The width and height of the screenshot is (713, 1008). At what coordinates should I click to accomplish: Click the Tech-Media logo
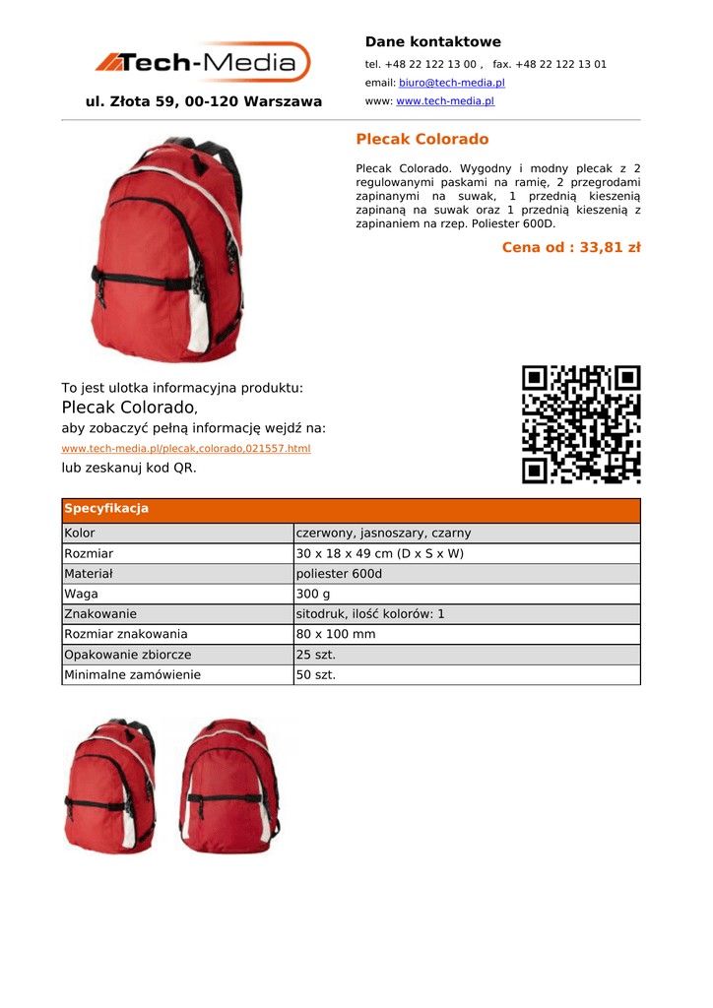(x=202, y=63)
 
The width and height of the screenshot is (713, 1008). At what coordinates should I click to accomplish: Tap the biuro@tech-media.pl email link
(x=451, y=83)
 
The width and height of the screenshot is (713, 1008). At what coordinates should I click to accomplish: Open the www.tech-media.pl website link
(x=444, y=101)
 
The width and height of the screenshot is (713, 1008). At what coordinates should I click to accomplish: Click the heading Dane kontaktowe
(x=432, y=41)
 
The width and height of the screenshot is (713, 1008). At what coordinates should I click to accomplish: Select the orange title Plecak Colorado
(x=421, y=140)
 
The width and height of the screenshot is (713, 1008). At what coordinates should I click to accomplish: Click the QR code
(x=581, y=424)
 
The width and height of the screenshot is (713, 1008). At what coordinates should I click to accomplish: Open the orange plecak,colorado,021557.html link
(x=186, y=449)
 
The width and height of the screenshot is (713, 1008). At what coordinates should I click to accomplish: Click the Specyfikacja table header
(x=106, y=509)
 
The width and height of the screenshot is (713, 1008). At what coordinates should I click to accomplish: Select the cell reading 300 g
(x=313, y=595)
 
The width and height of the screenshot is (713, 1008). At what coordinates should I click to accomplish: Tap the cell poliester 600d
(x=339, y=574)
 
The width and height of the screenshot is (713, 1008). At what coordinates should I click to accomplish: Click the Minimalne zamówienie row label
(x=132, y=675)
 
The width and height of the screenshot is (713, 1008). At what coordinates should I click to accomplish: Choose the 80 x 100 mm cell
(x=336, y=635)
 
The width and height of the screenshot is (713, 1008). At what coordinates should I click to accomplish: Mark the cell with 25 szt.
(x=316, y=655)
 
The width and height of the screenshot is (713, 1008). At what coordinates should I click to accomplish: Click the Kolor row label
(x=80, y=534)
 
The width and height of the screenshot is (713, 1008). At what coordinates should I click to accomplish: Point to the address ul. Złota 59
(x=204, y=101)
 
